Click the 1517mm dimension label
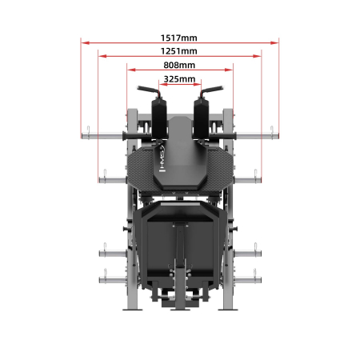click(179, 37)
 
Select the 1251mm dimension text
click(179, 51)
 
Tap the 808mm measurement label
click(179, 66)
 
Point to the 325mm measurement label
click(179, 79)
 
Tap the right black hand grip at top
click(213, 89)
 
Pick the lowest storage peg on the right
click(249, 279)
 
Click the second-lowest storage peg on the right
click(249, 254)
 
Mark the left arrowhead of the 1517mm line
click(82, 43)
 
